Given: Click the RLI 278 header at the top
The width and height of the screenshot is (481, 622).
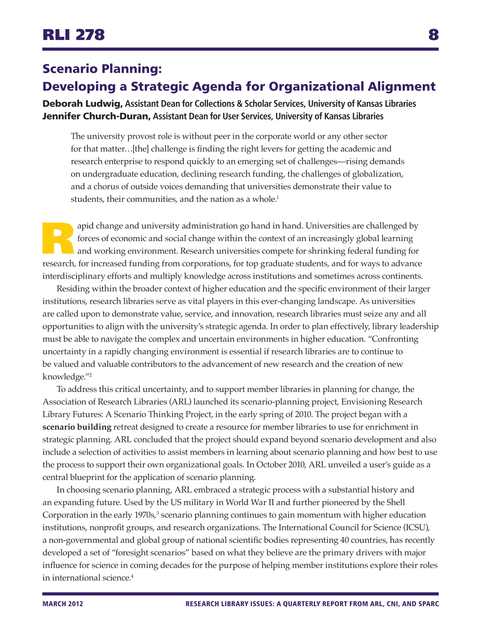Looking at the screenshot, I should point(74,35).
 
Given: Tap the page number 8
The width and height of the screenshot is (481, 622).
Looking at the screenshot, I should point(433,35).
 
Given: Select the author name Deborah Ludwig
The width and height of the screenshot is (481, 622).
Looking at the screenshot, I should point(82,104).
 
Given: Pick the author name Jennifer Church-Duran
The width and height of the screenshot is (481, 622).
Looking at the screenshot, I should point(96,116).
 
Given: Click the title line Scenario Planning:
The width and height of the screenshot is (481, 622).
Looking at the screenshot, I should point(102,69).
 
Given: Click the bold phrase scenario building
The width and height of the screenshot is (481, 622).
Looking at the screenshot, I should point(77,427).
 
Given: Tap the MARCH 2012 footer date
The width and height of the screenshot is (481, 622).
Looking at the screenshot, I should point(63,604).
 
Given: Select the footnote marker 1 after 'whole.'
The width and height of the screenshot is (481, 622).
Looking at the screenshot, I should point(278,197).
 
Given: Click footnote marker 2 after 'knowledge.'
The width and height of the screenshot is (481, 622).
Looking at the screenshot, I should point(91,375).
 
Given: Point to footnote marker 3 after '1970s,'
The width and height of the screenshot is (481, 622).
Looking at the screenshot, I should point(157,513).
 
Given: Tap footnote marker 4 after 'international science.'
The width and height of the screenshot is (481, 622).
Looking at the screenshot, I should point(132,576).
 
